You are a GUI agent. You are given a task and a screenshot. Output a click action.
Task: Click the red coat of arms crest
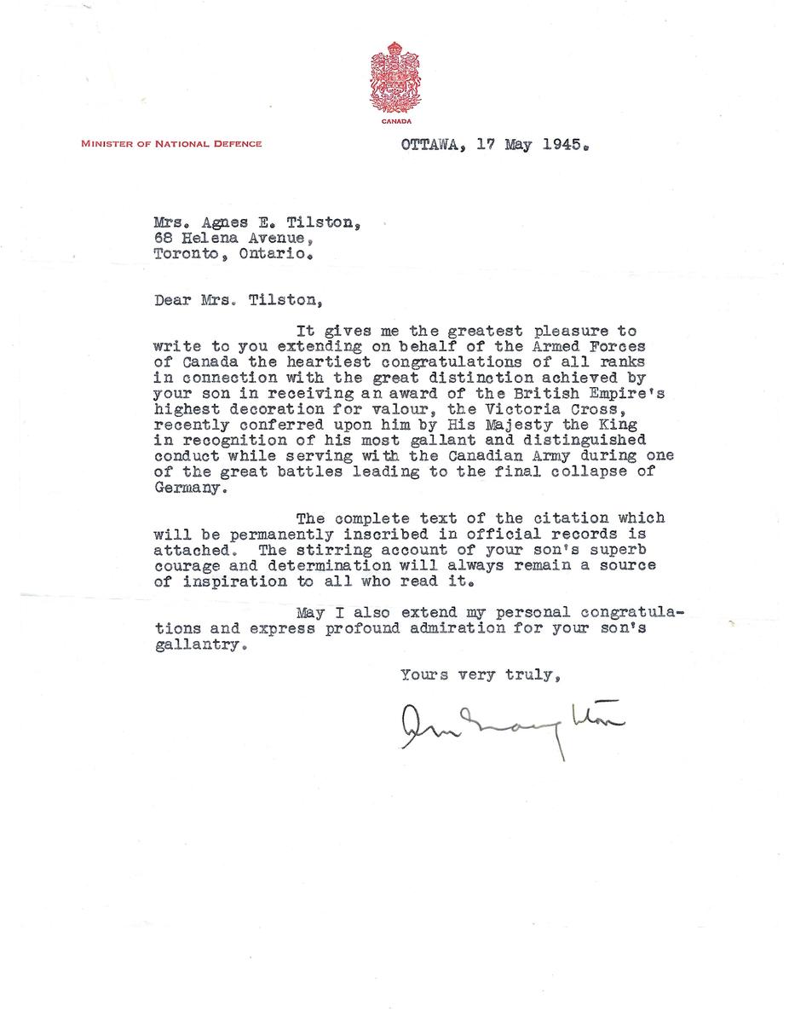[x=394, y=78]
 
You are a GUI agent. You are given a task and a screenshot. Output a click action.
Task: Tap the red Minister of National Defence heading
[x=171, y=144]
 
